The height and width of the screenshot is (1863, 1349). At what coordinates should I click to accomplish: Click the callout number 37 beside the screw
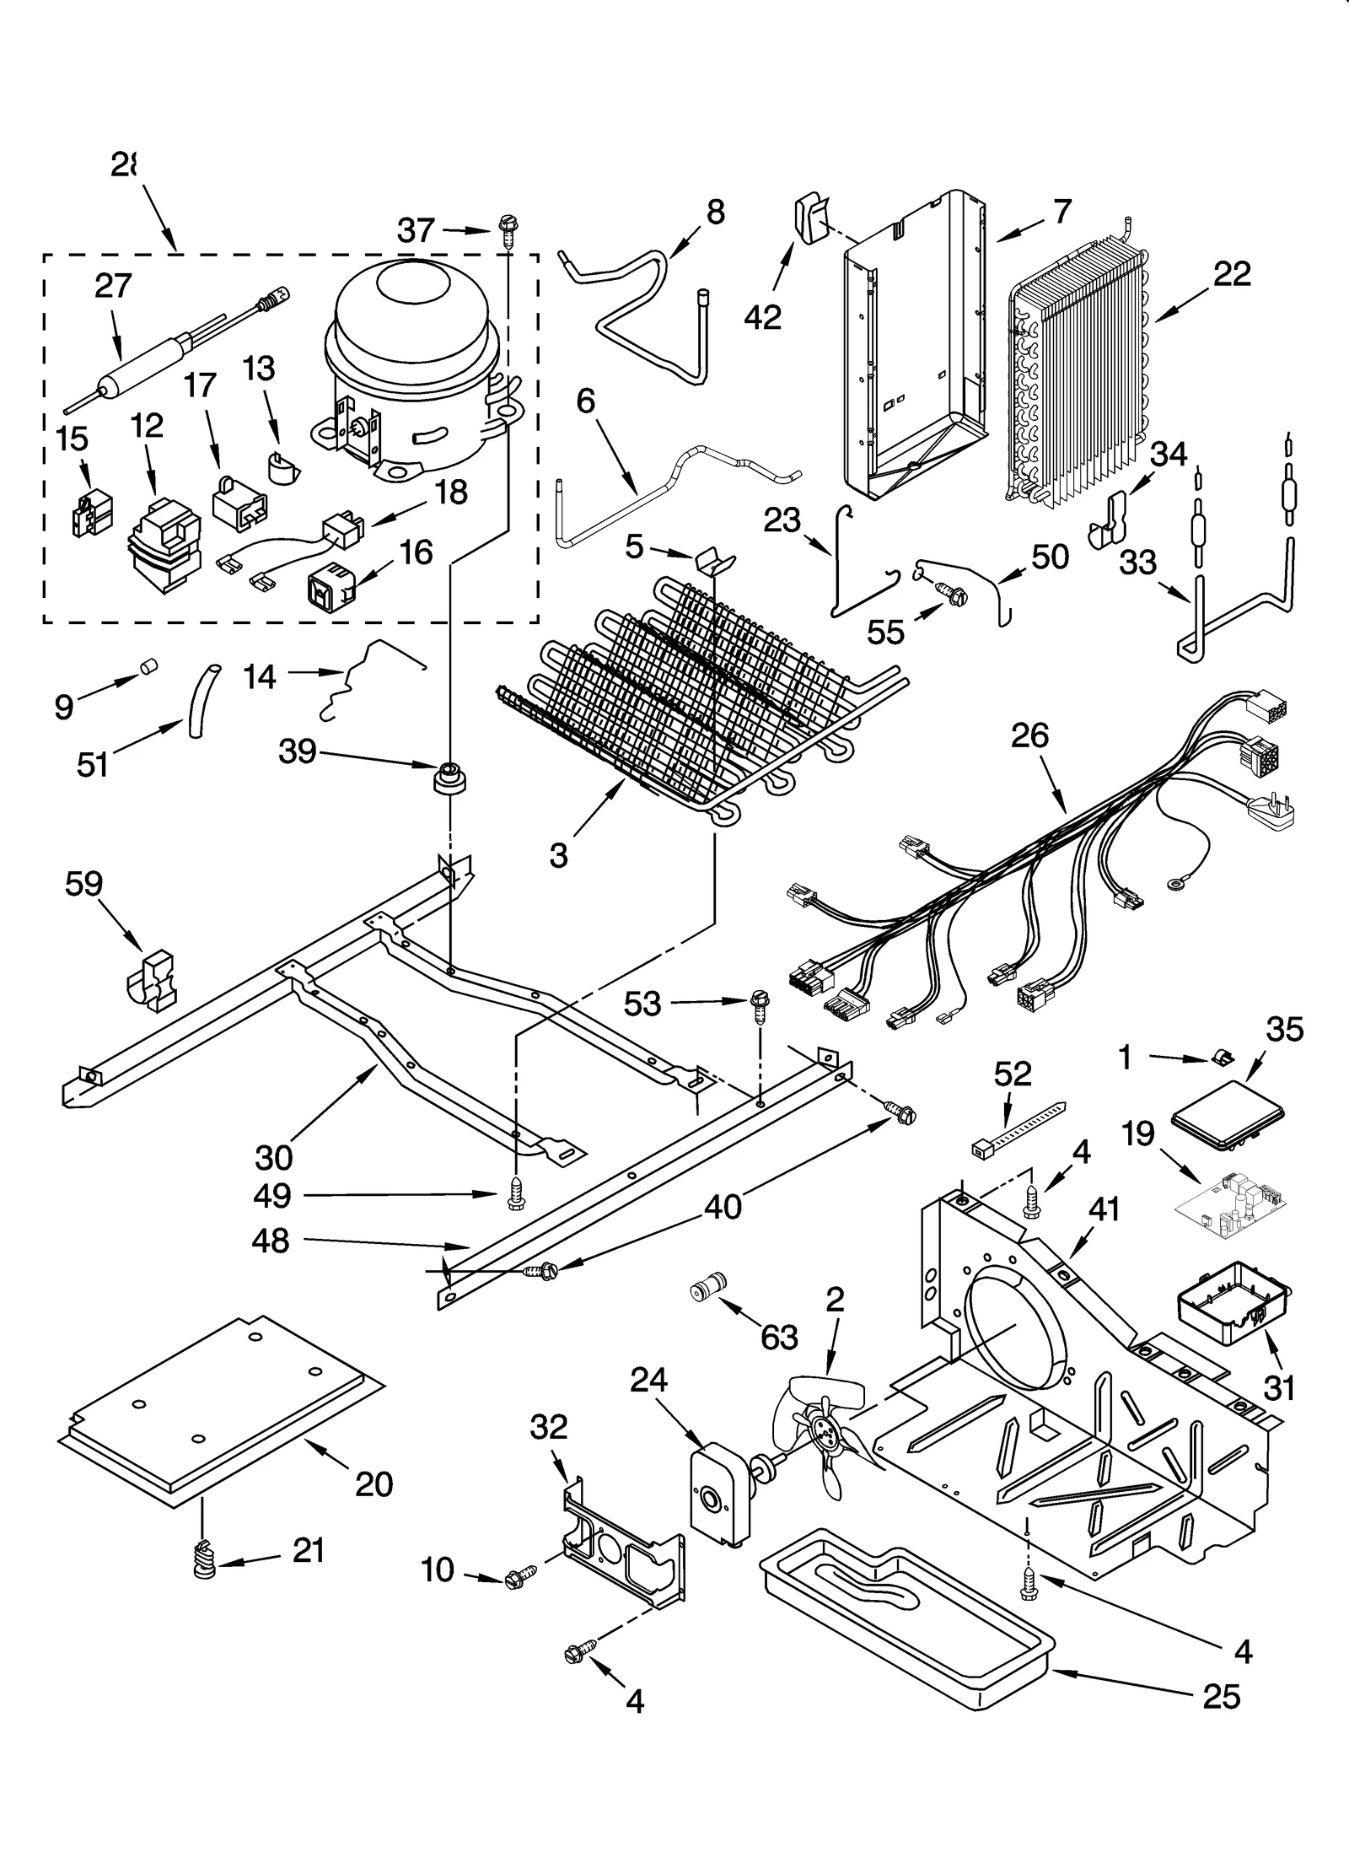[415, 230]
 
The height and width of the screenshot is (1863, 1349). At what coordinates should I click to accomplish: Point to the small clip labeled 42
[809, 218]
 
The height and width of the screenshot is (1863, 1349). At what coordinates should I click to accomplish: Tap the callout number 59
[83, 884]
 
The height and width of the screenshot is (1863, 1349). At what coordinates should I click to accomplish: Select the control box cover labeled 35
[1230, 1112]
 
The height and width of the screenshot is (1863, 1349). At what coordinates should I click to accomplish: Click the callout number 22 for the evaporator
[1232, 274]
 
